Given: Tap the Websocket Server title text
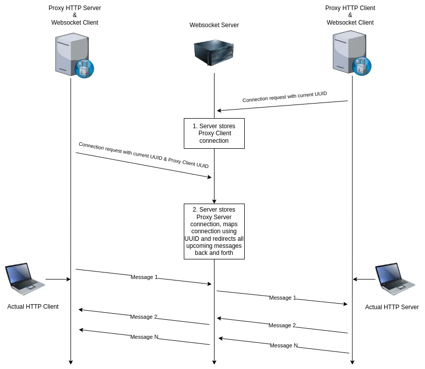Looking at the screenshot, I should tap(214, 25).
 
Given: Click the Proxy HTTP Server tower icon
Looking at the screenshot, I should tap(72, 54).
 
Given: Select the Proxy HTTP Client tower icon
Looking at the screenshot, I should tap(349, 52).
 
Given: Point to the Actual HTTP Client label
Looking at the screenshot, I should tap(33, 307).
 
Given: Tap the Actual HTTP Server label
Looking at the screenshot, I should tap(392, 307).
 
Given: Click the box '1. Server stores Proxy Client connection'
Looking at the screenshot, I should tap(214, 133).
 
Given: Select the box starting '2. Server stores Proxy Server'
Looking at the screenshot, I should tap(214, 231).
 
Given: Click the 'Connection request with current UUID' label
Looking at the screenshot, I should tap(285, 97).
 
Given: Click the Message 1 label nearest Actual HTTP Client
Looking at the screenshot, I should tap(144, 277).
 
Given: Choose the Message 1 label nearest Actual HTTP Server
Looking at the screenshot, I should tap(282, 298).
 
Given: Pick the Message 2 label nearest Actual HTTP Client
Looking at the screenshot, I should tap(144, 317).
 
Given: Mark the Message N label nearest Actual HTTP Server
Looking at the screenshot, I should tap(284, 345).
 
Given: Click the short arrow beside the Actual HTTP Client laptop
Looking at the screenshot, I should tap(57, 279).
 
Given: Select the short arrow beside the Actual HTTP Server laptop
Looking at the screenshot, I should tap(364, 279).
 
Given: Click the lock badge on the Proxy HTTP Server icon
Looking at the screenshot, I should tap(84, 68).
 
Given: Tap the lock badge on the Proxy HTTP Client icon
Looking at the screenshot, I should tap(362, 66).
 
